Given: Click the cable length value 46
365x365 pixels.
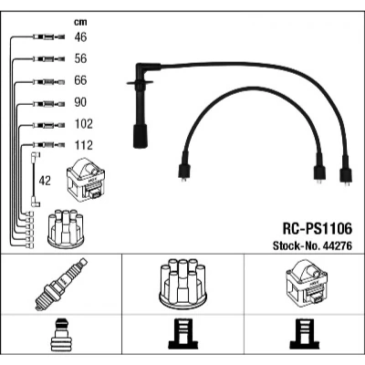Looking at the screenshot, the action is tap(80, 37).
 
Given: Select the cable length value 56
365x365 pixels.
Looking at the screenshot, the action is tap(80, 58).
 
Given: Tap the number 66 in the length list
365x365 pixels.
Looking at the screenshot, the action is tap(80, 80).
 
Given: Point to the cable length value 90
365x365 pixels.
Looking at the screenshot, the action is tap(80, 102).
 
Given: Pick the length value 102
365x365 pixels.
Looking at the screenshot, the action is tap(84, 124).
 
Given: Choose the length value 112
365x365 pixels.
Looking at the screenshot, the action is tap(84, 145).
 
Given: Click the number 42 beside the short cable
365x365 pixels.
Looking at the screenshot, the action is tap(45, 181).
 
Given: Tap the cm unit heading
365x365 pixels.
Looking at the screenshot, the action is tap(80, 22).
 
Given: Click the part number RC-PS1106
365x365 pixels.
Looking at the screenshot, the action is tap(318, 229).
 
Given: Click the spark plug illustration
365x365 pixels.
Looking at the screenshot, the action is tap(61, 285).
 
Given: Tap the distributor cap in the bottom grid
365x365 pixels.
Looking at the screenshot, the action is tap(182, 284).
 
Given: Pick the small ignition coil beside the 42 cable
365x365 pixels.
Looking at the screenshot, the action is tap(86, 180).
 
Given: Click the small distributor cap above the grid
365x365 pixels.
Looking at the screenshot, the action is tap(66, 229).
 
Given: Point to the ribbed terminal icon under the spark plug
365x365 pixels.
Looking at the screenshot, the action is tap(61, 335).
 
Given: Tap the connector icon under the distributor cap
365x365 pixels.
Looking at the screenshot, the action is tap(182, 334).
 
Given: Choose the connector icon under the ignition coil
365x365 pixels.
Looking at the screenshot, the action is tap(305, 334).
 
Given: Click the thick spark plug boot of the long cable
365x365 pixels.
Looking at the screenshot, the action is tap(141, 136).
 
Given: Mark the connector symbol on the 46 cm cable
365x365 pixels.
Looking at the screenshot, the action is tap(48, 37).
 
